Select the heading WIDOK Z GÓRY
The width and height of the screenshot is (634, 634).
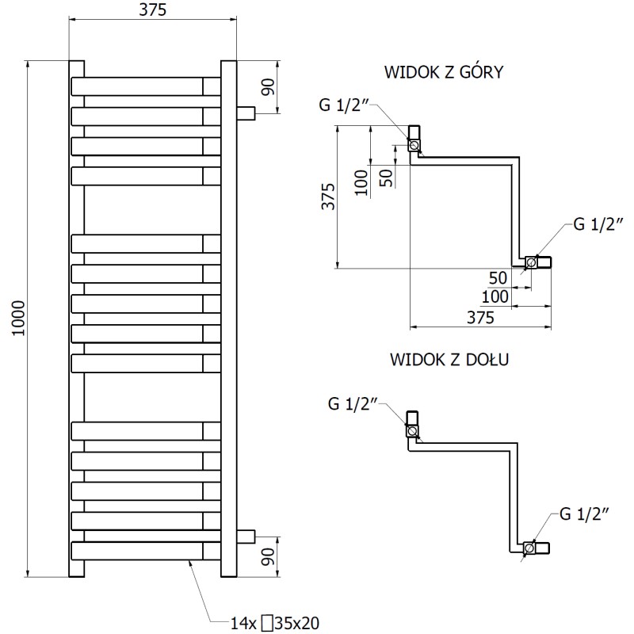(x=445, y=73)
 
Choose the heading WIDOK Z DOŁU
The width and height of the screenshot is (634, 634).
(x=449, y=359)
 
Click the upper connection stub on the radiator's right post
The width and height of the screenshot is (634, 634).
(x=246, y=113)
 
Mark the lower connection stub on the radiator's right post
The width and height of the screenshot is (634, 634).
(x=246, y=536)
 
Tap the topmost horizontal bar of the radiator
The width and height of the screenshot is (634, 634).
(x=147, y=86)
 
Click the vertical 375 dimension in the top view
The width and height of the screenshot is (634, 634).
(x=328, y=197)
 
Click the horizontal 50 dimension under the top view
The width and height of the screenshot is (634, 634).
(x=497, y=277)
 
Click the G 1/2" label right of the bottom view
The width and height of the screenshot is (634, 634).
(x=583, y=514)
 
